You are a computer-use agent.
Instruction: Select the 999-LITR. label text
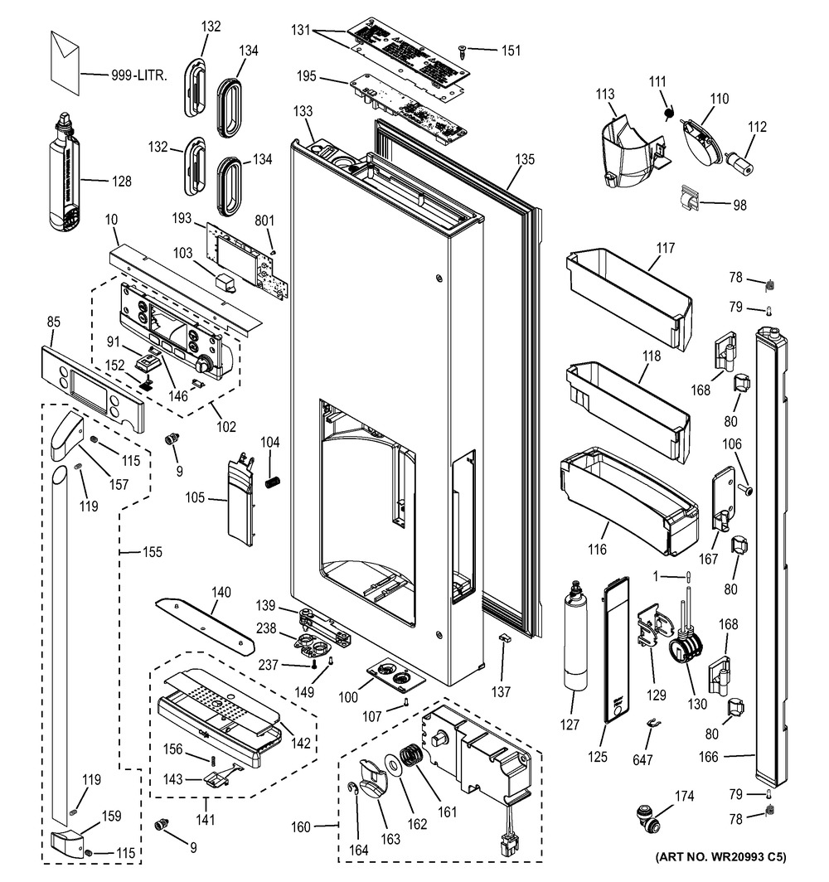139,75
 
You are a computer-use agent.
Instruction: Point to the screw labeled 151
464,51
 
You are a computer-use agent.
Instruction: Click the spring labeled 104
270,482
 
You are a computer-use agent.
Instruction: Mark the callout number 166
731,756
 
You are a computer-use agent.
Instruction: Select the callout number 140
221,594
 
